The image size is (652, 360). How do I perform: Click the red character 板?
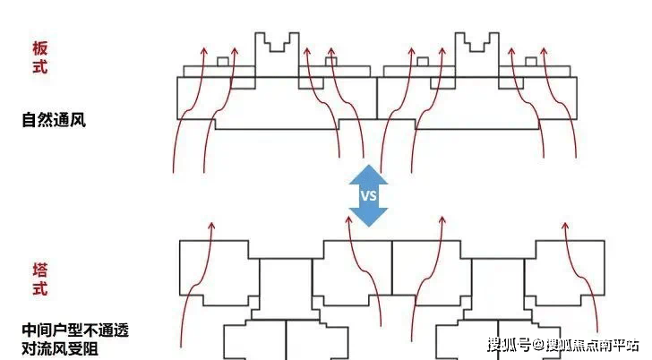click(x=39, y=48)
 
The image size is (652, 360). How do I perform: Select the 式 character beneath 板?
click(x=39, y=66)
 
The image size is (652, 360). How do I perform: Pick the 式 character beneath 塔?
click(x=39, y=289)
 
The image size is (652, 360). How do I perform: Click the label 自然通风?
click(x=54, y=119)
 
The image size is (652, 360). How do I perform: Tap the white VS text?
click(x=368, y=195)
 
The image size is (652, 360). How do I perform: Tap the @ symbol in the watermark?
click(x=539, y=344)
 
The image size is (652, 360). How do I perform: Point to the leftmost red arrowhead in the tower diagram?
click(x=211, y=227)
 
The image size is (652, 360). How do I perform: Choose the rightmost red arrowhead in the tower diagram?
click(x=566, y=227)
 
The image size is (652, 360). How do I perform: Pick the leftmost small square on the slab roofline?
click(x=222, y=62)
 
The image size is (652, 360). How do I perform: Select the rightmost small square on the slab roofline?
click(x=530, y=62)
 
